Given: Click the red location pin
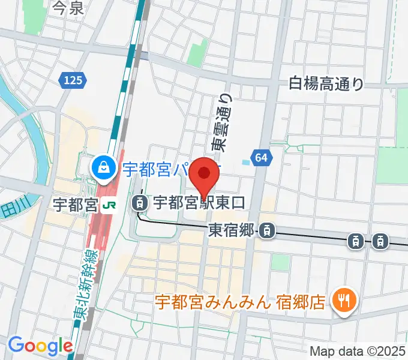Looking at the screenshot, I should (205, 175).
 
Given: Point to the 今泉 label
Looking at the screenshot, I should (68, 8).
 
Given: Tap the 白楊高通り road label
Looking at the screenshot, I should (326, 83).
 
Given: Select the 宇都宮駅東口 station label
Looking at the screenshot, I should (199, 203).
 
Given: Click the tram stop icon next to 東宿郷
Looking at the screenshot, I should (268, 229).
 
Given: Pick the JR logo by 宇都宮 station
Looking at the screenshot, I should (110, 205).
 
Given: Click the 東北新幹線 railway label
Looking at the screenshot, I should (77, 280).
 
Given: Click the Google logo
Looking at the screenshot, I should (40, 345).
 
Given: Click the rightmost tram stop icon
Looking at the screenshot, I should (380, 241).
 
